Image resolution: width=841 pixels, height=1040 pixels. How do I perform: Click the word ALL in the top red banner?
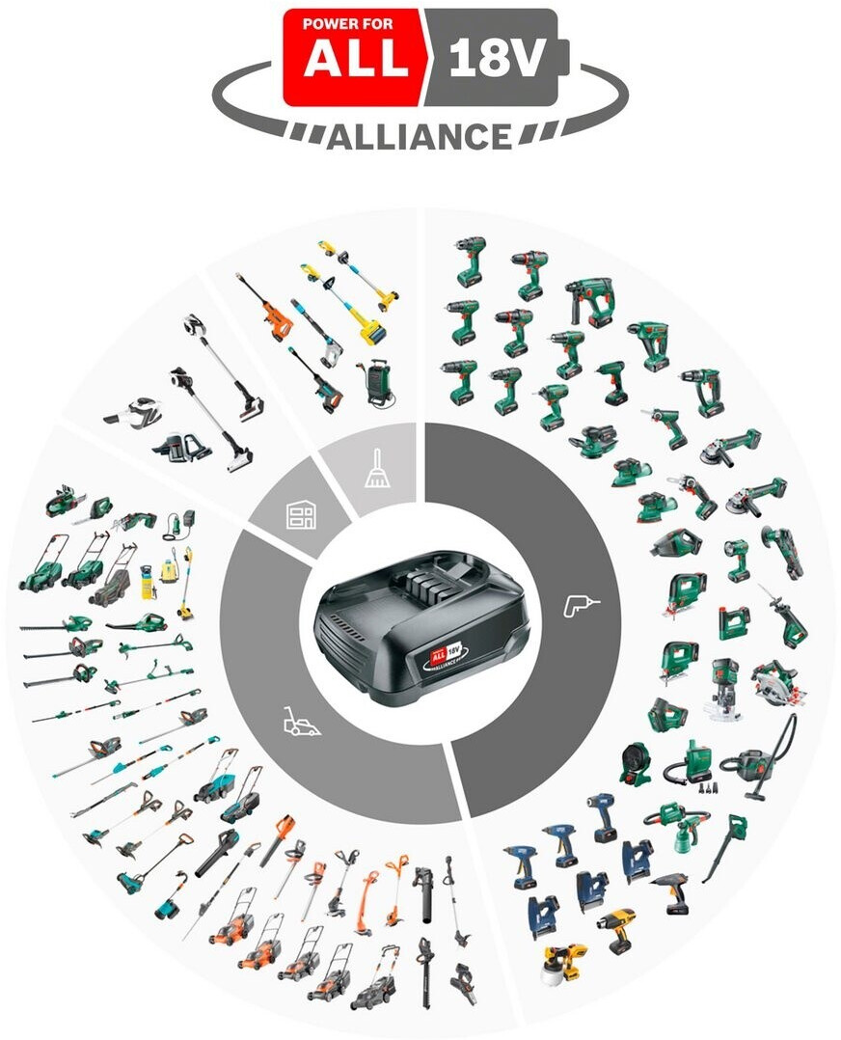tap(356, 58)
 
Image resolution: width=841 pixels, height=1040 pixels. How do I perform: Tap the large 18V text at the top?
tap(498, 57)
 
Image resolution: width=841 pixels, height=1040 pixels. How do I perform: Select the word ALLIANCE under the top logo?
tap(420, 137)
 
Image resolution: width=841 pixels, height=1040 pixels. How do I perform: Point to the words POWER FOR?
tap(347, 24)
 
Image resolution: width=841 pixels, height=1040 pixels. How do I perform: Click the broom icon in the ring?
tap(377, 469)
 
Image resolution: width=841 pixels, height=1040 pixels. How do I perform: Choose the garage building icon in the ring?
tap(301, 514)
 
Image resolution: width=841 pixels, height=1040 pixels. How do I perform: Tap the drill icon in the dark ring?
tap(581, 604)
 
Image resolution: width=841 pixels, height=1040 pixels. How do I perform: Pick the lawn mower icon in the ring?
tap(301, 722)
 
